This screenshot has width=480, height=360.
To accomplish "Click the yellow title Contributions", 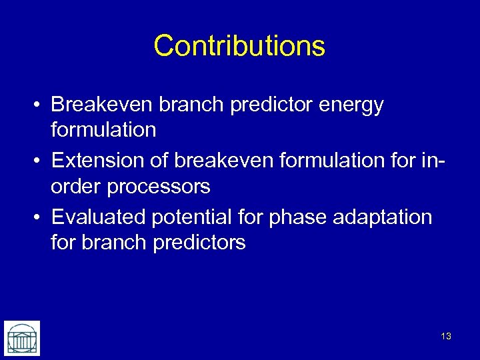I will pyautogui.click(x=239, y=46).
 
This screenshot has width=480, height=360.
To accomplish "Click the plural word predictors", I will pyautogui.click(x=199, y=242).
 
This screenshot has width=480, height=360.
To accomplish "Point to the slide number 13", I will pyautogui.click(x=446, y=336).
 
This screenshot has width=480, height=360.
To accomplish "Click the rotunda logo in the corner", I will pyautogui.click(x=22, y=338).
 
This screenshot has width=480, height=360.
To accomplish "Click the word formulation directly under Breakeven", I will pyautogui.click(x=103, y=130).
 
